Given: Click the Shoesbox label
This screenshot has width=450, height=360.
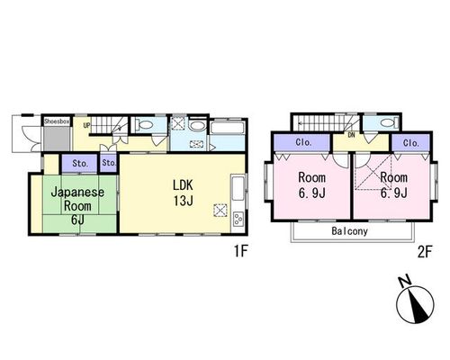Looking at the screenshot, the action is coord(57,121).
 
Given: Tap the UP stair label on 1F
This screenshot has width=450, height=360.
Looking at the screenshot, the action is coord(86,125).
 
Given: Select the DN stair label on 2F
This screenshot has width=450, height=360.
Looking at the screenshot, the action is coord(351,135).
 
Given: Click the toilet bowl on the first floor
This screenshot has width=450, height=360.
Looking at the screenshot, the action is coord(143,124).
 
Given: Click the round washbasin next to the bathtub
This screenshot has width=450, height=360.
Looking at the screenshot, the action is coord(196,126).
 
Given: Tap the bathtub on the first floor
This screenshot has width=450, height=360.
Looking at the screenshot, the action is coord(228,128).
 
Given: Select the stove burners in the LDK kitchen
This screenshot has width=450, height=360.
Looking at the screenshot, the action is coord(238,219).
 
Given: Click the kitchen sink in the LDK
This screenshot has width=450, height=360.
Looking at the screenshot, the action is coord(238,188).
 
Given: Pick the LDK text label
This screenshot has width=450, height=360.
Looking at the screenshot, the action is coord(183,185).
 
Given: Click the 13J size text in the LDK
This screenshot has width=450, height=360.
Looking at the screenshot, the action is coord(183,201).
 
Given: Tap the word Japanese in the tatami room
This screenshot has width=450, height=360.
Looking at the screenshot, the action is coord(77,193).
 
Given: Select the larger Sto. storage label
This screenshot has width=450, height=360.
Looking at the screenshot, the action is coord(80,164).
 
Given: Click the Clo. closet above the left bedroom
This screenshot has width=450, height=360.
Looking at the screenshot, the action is coord(304,142).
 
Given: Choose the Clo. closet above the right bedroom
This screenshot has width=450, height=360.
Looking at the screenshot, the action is coord(411,143).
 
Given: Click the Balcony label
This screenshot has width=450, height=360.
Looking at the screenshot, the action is coord(350,231).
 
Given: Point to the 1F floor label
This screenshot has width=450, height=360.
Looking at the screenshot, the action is coord(240,251).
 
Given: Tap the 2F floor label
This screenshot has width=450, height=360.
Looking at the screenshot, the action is coord(425,252).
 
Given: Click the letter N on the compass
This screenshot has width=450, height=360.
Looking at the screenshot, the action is coord(405,282).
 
